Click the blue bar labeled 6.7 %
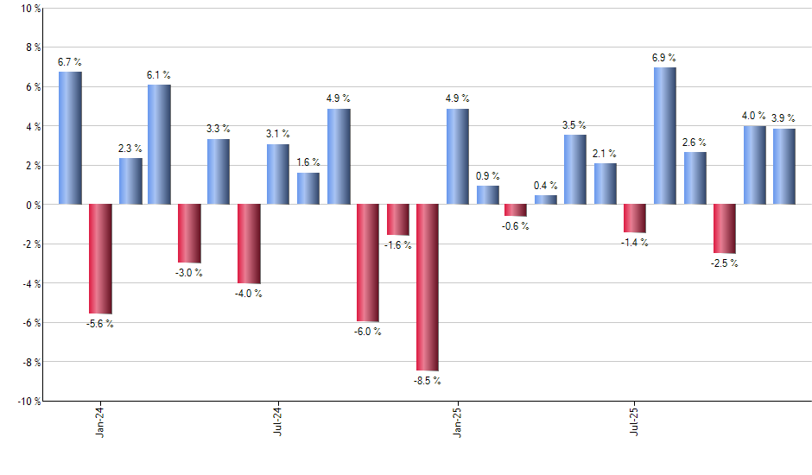70,138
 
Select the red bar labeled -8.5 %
428,287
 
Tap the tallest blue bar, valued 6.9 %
665,136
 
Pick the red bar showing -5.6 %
100,259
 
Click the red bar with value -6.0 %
368,263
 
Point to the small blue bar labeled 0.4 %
546,199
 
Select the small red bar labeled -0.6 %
516,210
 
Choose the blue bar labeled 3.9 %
784,167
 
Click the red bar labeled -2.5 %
725,229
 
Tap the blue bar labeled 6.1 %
159,144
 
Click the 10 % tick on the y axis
29,9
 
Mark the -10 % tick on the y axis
28,401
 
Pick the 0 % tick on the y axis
33,205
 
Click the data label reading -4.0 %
249,294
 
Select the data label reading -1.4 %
635,243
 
